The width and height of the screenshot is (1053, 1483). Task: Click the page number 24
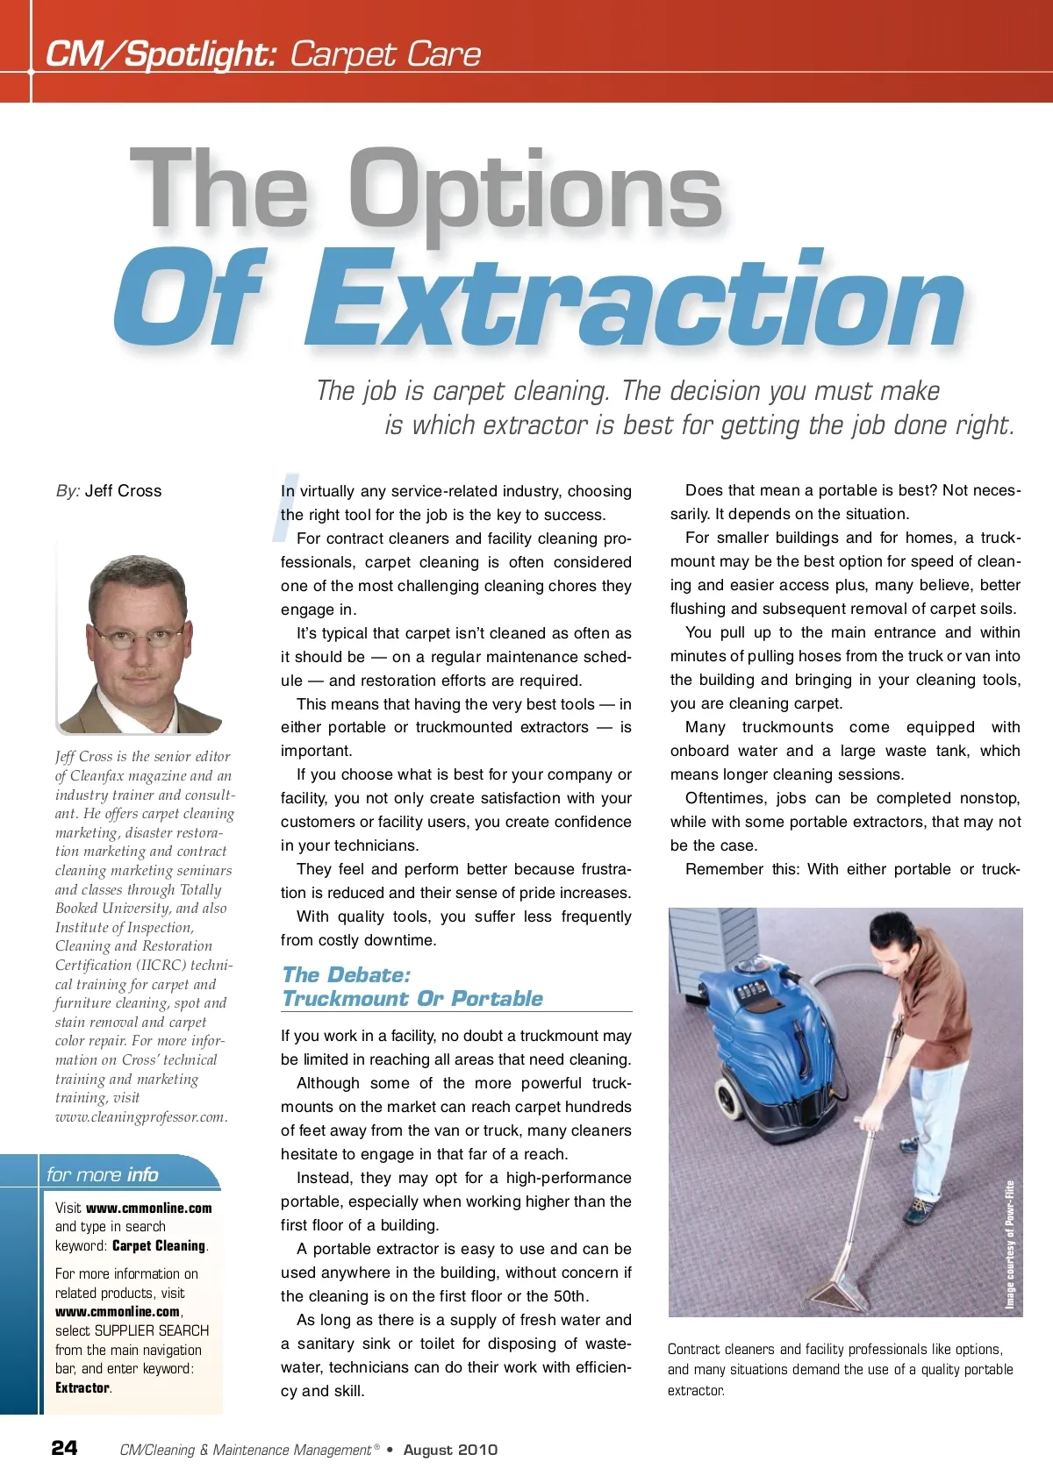coord(64,1448)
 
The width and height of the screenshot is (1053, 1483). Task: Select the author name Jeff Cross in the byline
coord(123,491)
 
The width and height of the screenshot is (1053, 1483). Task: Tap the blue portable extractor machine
coord(772,1044)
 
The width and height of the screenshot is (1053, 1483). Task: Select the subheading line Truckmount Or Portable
coord(412,999)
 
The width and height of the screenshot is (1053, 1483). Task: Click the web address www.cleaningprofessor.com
coord(140,1117)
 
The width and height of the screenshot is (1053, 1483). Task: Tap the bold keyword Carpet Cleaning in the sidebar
coord(159,1245)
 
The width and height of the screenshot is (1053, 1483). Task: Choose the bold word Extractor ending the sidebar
coord(82,1387)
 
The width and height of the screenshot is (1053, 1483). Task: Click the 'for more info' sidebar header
coord(103,1174)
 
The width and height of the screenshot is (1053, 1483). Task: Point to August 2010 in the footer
coord(450,1450)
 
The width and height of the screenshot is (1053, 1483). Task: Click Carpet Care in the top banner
coord(385,54)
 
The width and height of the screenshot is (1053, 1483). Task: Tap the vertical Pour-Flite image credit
coord(1010,1245)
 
